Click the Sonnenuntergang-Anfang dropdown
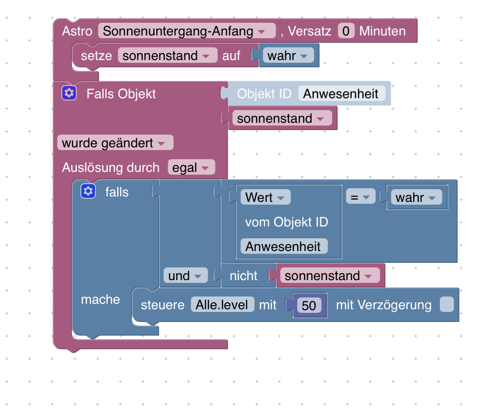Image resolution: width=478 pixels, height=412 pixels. pos(187,31)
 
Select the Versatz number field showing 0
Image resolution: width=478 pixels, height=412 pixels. pos(346,31)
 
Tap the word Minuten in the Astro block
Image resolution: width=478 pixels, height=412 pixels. pos(382,31)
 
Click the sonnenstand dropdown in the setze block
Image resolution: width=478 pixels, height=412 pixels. pos(167,55)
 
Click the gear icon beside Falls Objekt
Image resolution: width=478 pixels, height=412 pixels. pos(69,93)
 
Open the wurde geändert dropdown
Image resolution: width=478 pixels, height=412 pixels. pos(115,143)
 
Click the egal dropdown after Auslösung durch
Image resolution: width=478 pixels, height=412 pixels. pos(191,167)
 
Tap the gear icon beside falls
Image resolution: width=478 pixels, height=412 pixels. pos(88,191)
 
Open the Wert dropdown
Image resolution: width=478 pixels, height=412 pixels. pos(265,197)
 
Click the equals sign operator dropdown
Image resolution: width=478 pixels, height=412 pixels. pos(360,197)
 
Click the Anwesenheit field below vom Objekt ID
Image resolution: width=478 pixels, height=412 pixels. pos(284,246)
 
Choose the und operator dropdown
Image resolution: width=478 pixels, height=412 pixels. pos(185,276)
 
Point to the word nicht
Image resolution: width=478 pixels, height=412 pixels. pos(244,276)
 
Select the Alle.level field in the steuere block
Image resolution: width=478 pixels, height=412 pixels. pos(222,305)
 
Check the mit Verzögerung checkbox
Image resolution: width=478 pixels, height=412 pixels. pos(447,305)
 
